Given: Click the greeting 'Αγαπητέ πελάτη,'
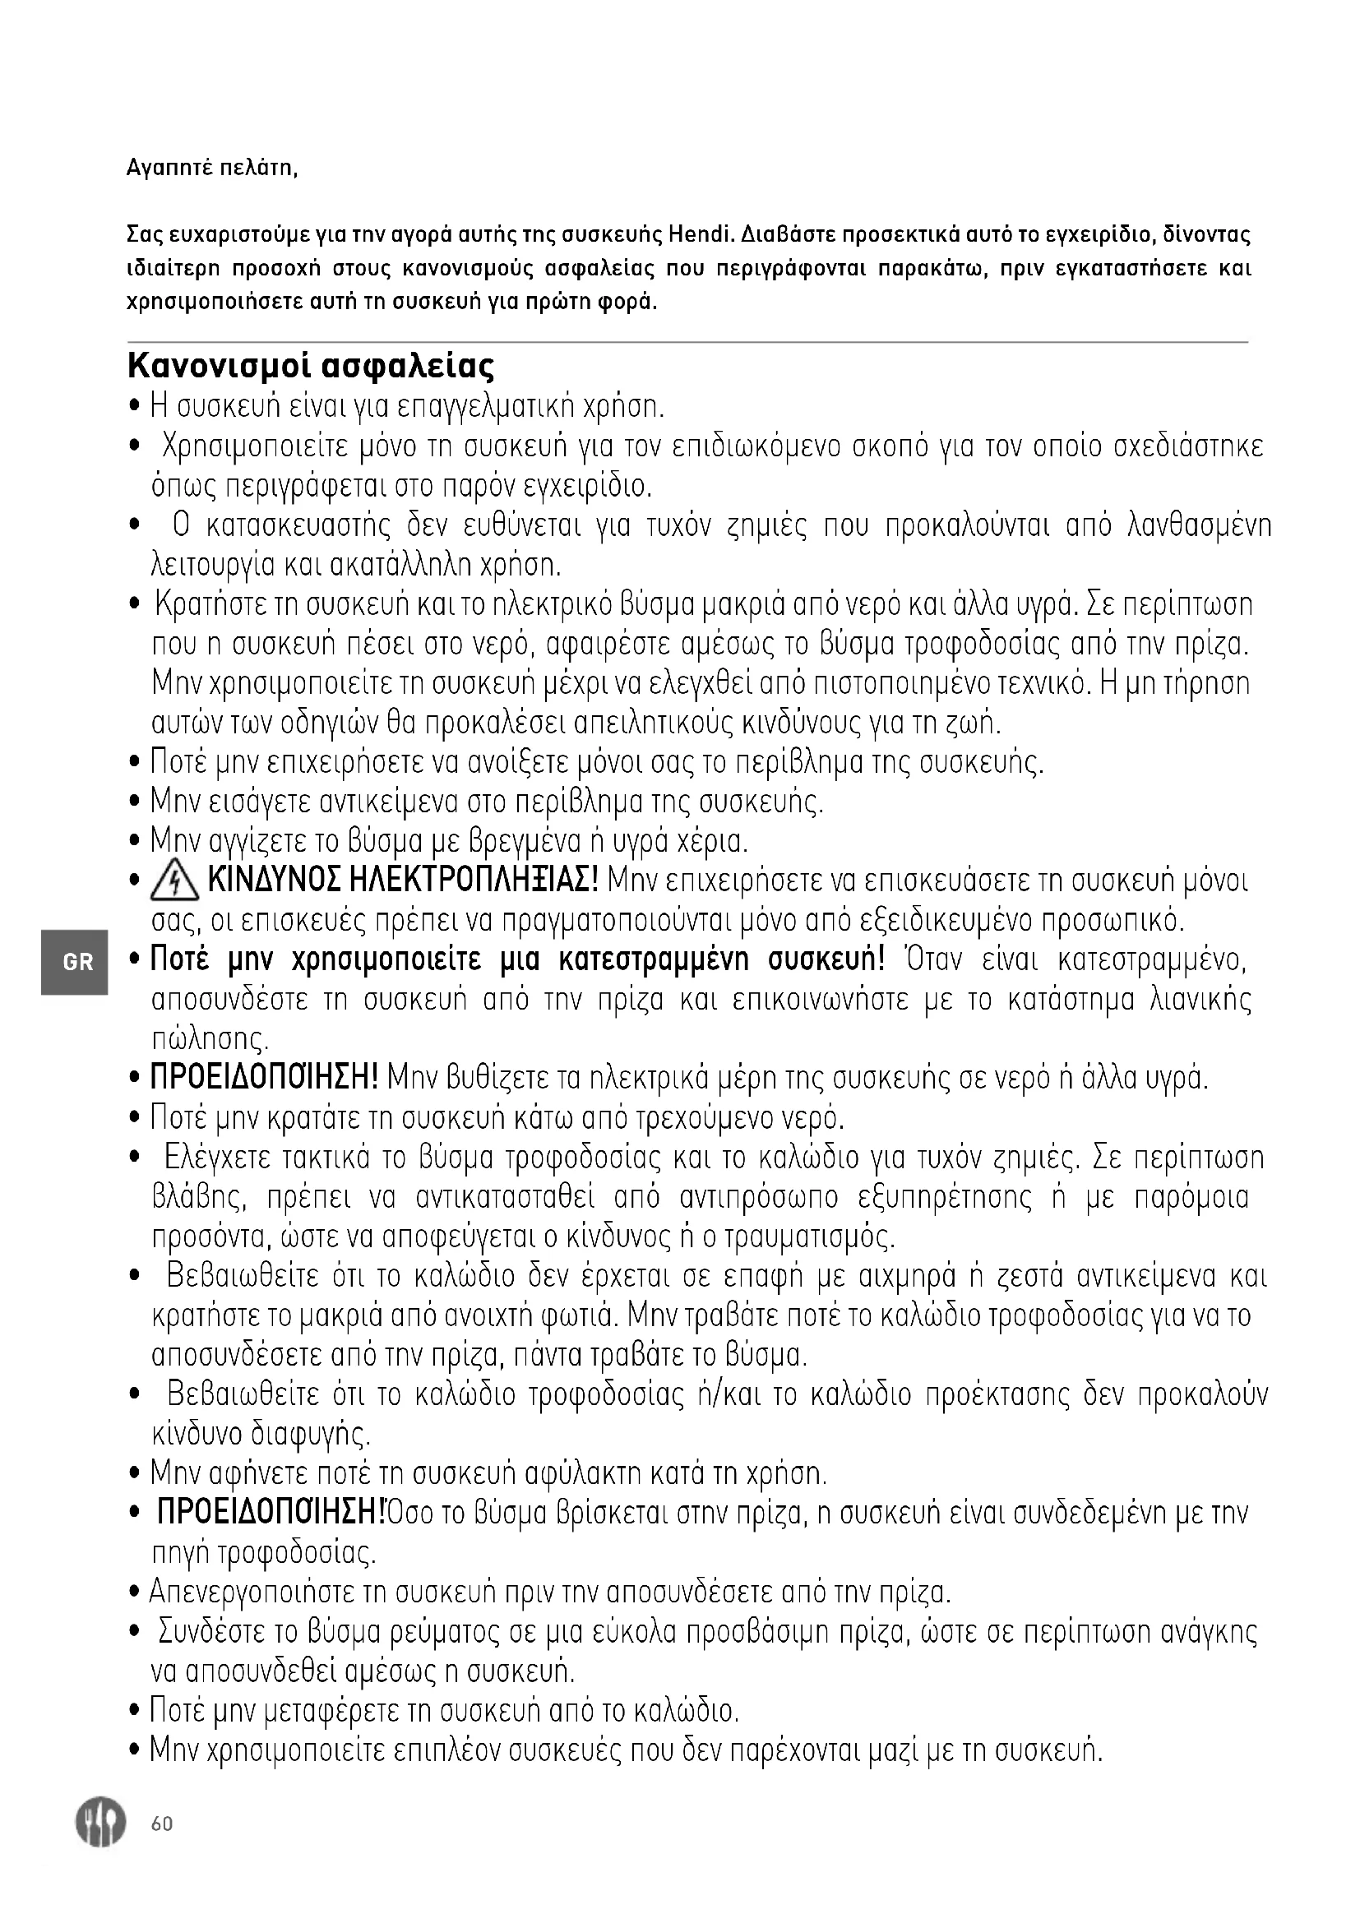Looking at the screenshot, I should (x=212, y=169).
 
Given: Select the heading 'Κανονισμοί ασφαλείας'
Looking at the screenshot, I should (x=311, y=367).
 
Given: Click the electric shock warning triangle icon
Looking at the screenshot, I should (x=174, y=882).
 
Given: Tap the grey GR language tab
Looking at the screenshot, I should (x=76, y=962).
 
